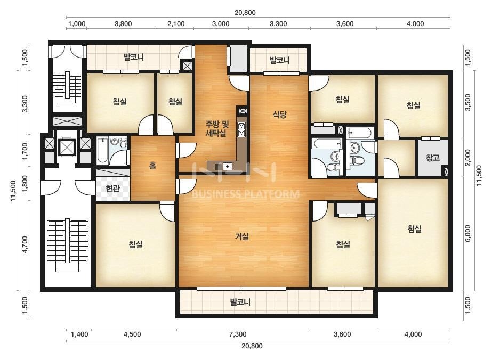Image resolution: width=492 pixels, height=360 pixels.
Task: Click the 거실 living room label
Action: [242, 236]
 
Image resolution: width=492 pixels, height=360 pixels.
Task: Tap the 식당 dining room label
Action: [279, 114]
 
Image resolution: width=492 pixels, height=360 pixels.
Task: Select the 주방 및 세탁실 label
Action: [217, 128]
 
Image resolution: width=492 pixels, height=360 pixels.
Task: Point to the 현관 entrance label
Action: [112, 189]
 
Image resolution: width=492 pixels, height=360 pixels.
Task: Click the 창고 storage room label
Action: [432, 158]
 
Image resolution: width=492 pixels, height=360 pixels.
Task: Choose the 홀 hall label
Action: [153, 165]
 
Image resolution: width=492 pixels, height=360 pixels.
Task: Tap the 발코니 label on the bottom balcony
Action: [240, 302]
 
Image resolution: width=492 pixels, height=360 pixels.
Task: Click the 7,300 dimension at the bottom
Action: [238, 334]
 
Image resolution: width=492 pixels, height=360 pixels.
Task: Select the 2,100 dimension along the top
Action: [176, 24]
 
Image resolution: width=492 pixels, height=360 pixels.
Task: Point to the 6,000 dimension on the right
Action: [468, 233]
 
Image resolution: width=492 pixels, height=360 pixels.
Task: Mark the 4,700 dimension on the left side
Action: [25, 244]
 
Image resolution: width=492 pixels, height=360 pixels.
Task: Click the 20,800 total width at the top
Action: [245, 13]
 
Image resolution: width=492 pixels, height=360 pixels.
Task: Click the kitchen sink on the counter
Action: [227, 166]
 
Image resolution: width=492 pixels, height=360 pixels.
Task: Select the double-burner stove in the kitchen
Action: [241, 129]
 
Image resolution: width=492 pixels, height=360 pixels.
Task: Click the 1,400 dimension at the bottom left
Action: [79, 334]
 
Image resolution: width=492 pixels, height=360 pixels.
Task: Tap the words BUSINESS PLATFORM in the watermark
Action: [245, 194]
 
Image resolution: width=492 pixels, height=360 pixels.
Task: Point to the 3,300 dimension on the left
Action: [25, 103]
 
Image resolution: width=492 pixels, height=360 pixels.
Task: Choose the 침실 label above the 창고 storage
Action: [413, 105]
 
